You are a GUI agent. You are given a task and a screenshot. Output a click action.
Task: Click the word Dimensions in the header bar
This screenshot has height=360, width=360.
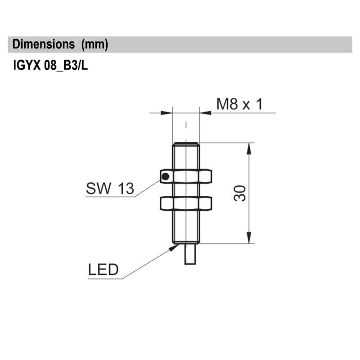point(43,45)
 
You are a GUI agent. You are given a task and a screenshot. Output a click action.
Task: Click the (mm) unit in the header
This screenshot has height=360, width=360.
point(94,45)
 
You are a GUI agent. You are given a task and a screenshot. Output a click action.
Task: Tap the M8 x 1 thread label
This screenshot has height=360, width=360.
point(239,105)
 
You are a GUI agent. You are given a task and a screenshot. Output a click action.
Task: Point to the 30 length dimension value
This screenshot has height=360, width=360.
point(240,193)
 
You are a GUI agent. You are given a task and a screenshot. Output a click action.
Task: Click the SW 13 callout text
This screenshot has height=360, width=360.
point(110,189)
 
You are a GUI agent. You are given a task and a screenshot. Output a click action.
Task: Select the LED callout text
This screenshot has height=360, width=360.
point(103,270)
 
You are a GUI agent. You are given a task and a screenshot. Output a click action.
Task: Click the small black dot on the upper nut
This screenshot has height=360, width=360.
point(165,176)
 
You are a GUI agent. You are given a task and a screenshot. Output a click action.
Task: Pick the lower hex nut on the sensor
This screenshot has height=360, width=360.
point(186,203)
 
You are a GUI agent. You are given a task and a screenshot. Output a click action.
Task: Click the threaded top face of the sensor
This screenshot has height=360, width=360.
point(186,144)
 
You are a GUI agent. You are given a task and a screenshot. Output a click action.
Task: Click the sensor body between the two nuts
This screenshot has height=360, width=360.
point(186,190)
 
